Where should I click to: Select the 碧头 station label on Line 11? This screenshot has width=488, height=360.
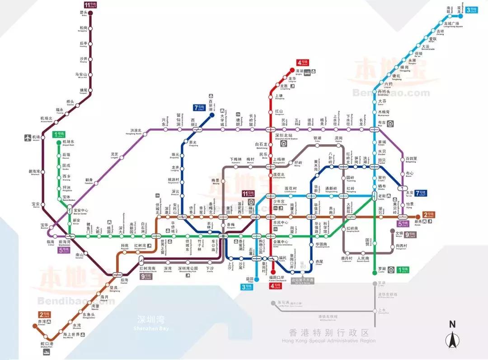(x=83, y=13)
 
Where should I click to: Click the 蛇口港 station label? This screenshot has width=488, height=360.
(x=47, y=344)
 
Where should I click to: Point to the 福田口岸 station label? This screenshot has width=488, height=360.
(x=277, y=277)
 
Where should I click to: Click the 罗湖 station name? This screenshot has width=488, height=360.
(x=382, y=269)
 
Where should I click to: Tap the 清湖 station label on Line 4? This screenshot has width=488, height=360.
(x=300, y=71)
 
